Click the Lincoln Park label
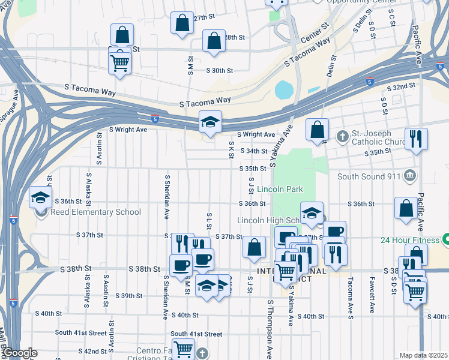pyautogui.click(x=280, y=190)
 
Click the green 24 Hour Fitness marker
pyautogui.click(x=446, y=240)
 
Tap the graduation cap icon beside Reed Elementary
pyautogui.click(x=40, y=197)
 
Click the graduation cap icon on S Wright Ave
pyautogui.click(x=211, y=122)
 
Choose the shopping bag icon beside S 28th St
pyautogui.click(x=214, y=41)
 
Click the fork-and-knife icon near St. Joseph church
pyautogui.click(x=416, y=139)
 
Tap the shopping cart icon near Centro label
pyautogui.click(x=184, y=348)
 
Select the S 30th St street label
pyautogui.click(x=219, y=71)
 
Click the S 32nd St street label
pyautogui.click(x=401, y=87)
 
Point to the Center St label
pyautogui.click(x=316, y=35)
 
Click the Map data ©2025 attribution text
pyautogui.click(x=423, y=355)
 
